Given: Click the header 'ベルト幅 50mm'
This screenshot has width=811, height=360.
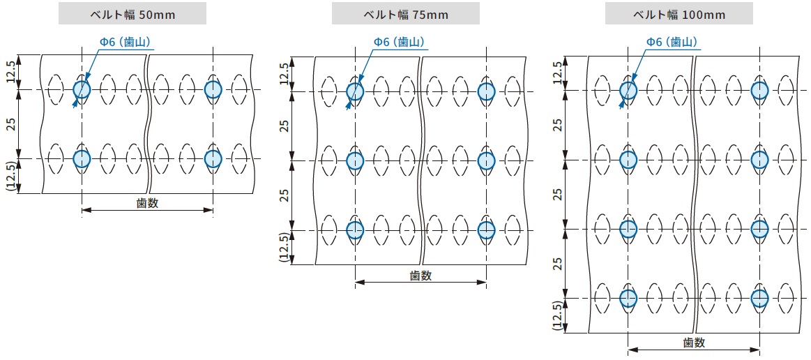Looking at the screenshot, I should (x=132, y=14).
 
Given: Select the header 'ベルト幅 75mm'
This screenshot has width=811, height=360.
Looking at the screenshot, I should (x=405, y=14).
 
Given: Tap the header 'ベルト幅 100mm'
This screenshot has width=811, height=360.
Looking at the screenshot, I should (x=679, y=14).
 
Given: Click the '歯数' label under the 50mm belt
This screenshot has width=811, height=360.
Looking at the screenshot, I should (x=147, y=204).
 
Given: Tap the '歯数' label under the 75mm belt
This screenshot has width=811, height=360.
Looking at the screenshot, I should (x=420, y=276).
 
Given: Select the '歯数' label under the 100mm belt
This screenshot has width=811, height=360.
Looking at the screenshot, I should (x=694, y=343).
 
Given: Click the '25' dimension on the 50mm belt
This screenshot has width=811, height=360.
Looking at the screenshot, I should (x=11, y=124).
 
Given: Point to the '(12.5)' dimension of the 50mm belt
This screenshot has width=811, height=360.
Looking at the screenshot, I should (x=11, y=176).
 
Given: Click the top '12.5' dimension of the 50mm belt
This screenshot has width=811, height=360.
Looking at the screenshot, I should (x=11, y=73).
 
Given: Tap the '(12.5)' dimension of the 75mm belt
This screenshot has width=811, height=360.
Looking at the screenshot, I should (x=285, y=247).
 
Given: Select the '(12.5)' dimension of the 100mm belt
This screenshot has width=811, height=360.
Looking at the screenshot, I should (x=558, y=315).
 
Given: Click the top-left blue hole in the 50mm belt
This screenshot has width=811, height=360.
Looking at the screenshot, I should (x=82, y=89).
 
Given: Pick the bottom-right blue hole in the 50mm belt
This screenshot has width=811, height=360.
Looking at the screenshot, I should (x=213, y=159).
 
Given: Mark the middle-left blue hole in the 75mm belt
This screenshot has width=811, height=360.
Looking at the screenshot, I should (x=355, y=160).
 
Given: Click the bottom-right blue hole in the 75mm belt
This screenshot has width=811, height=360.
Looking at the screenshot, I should (x=486, y=230).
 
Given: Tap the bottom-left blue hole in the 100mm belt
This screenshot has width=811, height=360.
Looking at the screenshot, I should (x=628, y=298).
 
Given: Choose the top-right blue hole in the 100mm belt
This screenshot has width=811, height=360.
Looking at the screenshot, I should (x=759, y=90).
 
